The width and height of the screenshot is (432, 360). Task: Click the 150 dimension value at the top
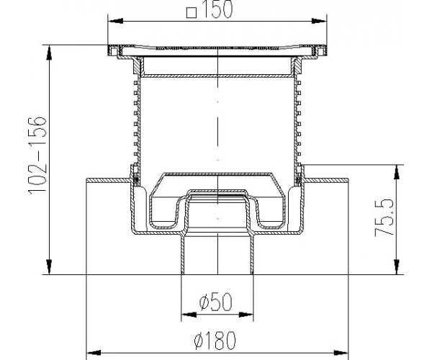click(217, 9)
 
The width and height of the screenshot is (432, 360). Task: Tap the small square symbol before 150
click(192, 13)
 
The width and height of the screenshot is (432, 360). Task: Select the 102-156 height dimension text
click(37, 156)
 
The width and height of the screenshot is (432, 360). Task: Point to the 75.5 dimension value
click(384, 217)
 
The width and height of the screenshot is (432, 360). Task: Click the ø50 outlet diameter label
click(216, 302)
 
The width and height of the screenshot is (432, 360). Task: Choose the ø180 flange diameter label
click(215, 340)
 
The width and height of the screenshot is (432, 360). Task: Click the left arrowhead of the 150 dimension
click(115, 21)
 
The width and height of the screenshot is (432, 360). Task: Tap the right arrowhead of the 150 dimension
click(319, 21)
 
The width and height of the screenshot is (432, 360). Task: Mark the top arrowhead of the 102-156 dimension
click(49, 53)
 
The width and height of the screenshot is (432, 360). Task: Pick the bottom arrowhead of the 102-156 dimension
click(49, 267)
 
